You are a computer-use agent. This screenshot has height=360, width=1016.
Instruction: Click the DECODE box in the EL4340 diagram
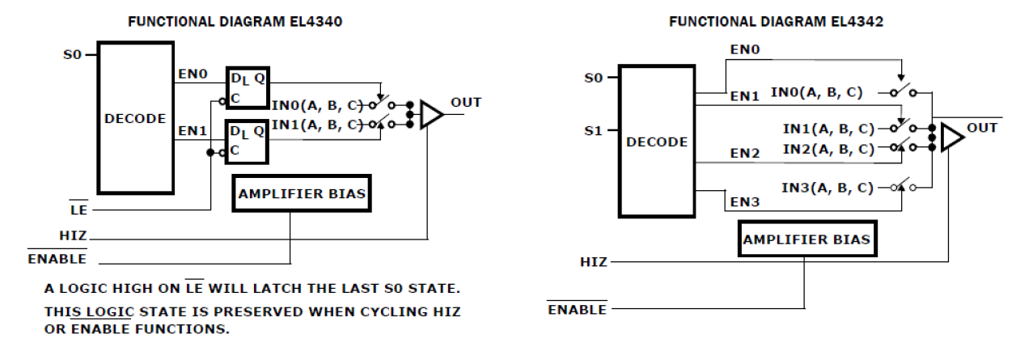(x=135, y=117)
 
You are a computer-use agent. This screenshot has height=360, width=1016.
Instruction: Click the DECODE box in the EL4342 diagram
(x=656, y=142)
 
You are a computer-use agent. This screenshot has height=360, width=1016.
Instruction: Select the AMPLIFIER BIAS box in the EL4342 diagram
(x=806, y=239)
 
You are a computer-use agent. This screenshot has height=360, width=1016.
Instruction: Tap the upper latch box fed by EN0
(x=248, y=87)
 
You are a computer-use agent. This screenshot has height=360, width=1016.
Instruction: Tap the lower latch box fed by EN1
(x=248, y=140)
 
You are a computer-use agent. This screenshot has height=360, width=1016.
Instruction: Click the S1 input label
(x=593, y=130)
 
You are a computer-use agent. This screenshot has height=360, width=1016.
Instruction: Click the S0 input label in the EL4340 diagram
(x=72, y=55)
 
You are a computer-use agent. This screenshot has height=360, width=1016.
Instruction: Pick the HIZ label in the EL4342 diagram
(x=593, y=262)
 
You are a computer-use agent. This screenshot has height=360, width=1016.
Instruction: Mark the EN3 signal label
(x=745, y=201)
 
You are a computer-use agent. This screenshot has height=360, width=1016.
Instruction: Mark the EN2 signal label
(x=745, y=152)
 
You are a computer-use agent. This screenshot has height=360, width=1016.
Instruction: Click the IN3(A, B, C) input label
(x=827, y=188)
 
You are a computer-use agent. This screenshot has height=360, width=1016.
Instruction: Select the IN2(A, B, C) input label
(x=827, y=149)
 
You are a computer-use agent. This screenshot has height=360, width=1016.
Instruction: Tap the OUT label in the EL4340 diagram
(x=466, y=103)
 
